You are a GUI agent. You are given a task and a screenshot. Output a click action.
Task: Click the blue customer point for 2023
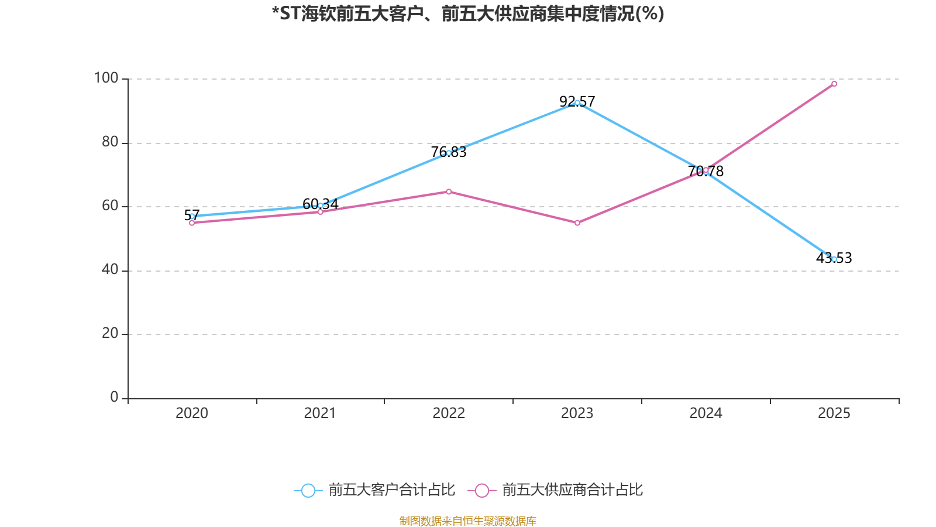(577, 103)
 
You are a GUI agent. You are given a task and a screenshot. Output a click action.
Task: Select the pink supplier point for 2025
(834, 84)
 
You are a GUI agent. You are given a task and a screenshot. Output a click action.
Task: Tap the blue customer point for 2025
(834, 259)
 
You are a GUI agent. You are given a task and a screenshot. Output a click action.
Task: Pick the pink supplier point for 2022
(449, 191)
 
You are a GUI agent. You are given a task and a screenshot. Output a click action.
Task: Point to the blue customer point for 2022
(449, 153)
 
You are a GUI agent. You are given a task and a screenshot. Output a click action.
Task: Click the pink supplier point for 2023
(577, 223)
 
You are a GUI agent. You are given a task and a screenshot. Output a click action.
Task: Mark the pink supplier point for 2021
(321, 211)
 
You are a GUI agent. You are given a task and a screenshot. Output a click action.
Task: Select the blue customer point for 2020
(192, 216)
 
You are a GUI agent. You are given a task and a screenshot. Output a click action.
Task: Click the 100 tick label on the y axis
(106, 78)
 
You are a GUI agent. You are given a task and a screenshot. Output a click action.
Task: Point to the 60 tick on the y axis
(110, 206)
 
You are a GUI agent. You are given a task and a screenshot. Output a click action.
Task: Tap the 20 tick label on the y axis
(110, 334)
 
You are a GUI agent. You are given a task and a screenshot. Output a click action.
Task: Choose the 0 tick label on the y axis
(114, 398)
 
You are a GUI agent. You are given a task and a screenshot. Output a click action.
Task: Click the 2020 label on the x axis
(192, 413)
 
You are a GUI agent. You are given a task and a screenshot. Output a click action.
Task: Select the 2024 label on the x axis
(706, 413)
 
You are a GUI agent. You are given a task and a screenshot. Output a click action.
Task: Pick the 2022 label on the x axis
(449, 413)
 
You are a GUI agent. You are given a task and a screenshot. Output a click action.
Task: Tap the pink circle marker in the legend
(481, 490)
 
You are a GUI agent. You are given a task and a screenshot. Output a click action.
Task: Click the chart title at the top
(468, 13)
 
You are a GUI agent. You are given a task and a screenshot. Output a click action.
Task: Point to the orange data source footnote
(468, 521)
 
